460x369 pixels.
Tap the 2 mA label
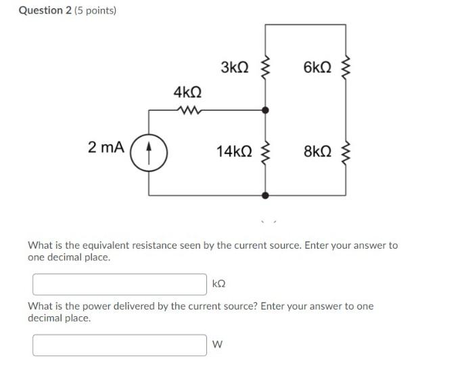pyautogui.click(x=106, y=147)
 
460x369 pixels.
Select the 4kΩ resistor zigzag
pyautogui.click(x=187, y=109)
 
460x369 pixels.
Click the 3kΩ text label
pyautogui.click(x=235, y=67)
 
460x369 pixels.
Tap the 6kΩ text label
pyautogui.click(x=317, y=67)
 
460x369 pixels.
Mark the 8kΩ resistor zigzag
pyautogui.click(x=346, y=152)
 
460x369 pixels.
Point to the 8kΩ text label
pyautogui.click(x=317, y=151)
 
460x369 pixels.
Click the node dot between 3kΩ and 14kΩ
pyautogui.click(x=265, y=109)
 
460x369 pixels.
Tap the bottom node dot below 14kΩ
pyautogui.click(x=265, y=195)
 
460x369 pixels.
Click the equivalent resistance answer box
pyautogui.click(x=120, y=284)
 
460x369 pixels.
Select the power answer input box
pyautogui.click(x=120, y=345)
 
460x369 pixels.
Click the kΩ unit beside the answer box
pyautogui.click(x=219, y=285)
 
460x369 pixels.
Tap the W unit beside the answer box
pyautogui.click(x=217, y=345)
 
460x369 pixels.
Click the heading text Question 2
pyautogui.click(x=44, y=11)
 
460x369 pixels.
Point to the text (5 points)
pyautogui.click(x=95, y=11)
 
